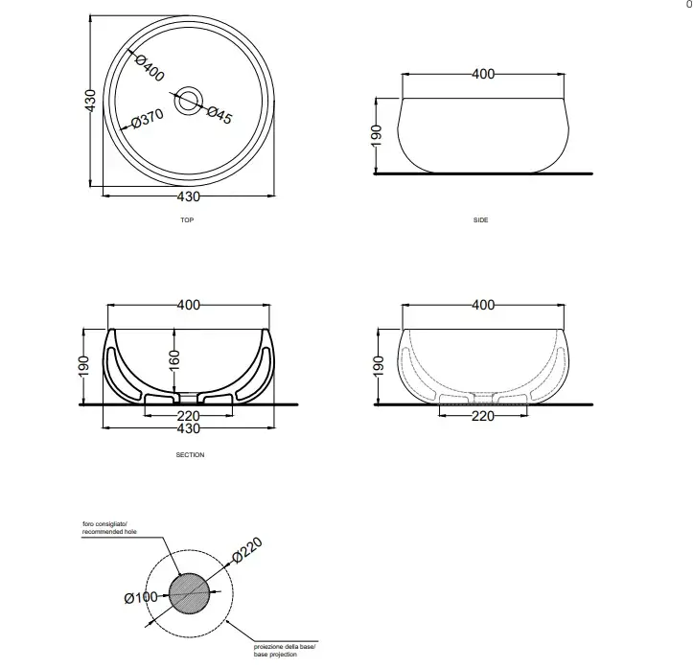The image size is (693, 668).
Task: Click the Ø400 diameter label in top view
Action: (x=150, y=68)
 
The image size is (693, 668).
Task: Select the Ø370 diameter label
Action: (x=148, y=119)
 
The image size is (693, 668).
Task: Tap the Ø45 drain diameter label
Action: (x=219, y=115)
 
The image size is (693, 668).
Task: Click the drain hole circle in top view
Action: (x=189, y=101)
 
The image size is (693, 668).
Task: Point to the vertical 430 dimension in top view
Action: (x=90, y=101)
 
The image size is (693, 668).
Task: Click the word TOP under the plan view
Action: (x=187, y=220)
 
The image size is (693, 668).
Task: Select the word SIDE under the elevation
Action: (x=481, y=220)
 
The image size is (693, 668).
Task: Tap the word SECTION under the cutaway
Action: (x=190, y=454)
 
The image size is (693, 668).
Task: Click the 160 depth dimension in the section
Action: (x=175, y=360)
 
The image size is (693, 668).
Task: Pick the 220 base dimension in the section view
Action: (x=188, y=416)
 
